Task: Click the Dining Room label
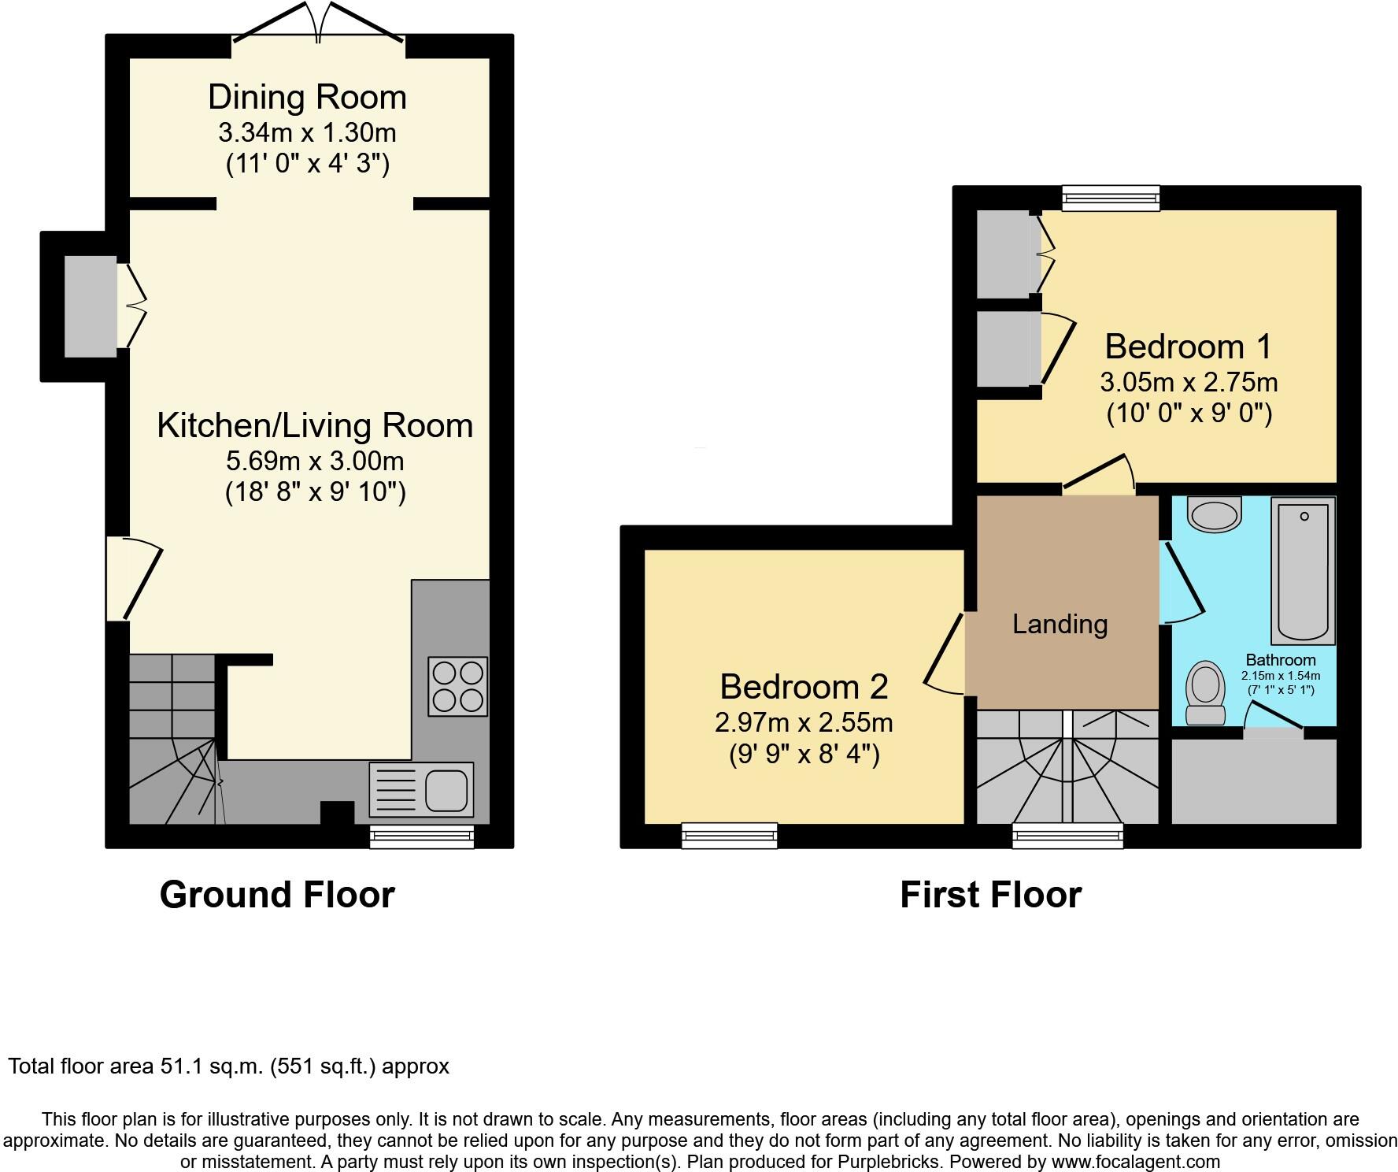pos(307,98)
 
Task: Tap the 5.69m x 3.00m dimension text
pos(315,461)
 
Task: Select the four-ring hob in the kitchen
pos(457,686)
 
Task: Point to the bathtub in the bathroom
pos(1303,570)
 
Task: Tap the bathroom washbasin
pos(1215,514)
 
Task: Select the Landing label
pos(1060,625)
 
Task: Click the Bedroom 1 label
pos(1188,347)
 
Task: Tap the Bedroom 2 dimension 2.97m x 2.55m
pos(804,721)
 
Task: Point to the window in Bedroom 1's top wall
pos(1111,198)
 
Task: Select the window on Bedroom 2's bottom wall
pos(730,836)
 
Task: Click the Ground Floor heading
pos(277,895)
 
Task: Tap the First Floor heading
pos(990,895)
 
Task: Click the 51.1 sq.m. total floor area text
pos(228,1066)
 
